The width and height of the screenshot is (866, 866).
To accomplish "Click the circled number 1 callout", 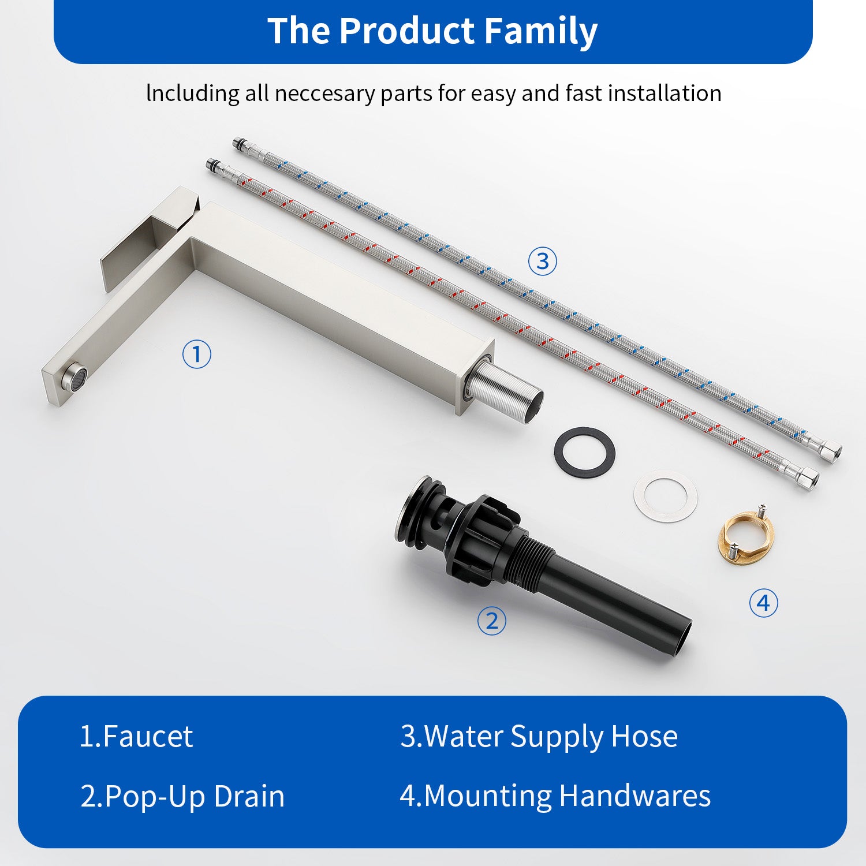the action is [196, 354].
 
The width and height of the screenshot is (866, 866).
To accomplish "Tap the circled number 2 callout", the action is [491, 621].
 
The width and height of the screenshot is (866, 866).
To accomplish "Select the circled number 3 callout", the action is [543, 262].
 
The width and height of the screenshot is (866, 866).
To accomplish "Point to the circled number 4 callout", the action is [763, 603].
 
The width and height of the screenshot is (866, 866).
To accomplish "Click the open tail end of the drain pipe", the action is [681, 638].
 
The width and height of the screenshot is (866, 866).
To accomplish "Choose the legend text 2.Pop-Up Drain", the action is [182, 797].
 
